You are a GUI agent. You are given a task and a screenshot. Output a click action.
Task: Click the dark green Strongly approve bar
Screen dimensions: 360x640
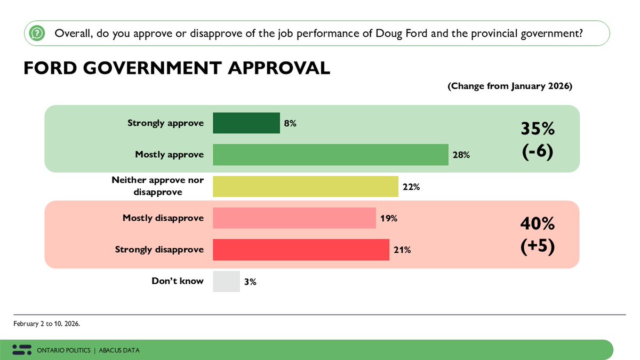click(246, 123)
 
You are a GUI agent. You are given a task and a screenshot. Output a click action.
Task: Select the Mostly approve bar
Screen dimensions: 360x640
click(330, 155)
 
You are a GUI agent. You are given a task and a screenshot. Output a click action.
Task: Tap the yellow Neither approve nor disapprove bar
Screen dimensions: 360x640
click(306, 187)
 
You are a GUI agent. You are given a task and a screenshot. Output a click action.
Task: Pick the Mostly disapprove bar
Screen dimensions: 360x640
click(294, 218)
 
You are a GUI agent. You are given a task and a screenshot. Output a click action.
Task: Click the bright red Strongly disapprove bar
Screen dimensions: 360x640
click(301, 250)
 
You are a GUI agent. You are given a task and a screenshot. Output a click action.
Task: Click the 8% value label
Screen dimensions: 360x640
click(290, 123)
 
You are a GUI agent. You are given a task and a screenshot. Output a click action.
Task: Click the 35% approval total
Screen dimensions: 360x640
click(537, 130)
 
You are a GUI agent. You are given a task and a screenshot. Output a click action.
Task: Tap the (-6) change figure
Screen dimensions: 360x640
click(537, 151)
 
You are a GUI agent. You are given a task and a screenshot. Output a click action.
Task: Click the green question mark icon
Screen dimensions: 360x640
click(36, 33)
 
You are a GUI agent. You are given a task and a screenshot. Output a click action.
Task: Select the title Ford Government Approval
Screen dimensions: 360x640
click(177, 68)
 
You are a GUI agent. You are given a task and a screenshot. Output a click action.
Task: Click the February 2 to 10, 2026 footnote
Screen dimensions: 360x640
click(47, 324)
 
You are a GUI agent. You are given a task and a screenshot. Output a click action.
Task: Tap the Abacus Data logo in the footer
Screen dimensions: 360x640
click(22, 350)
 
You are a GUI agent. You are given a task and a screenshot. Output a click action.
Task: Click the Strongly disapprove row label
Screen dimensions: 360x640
click(159, 250)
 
